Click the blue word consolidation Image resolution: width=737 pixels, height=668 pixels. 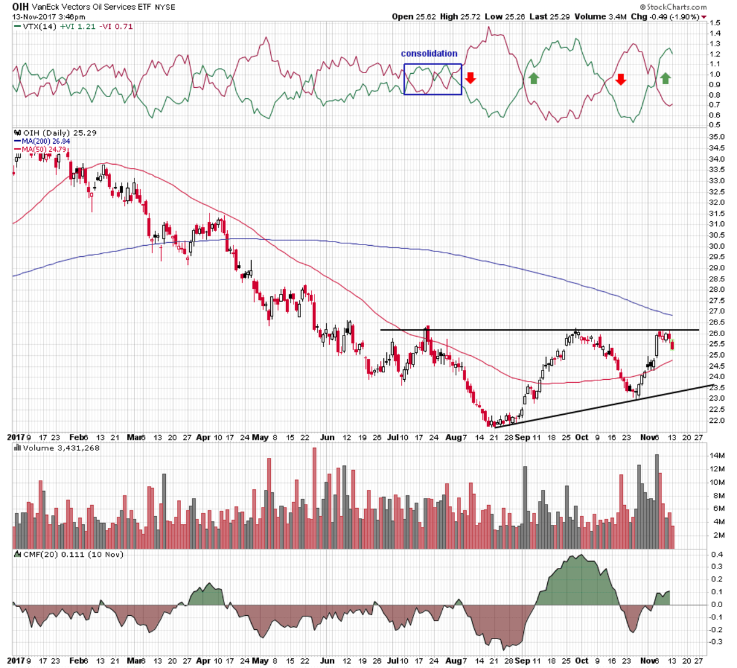(429, 54)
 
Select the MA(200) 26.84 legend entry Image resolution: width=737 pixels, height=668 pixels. (42, 141)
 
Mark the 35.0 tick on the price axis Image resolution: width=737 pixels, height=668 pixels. (716, 137)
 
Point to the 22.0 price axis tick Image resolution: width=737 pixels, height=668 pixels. (716, 421)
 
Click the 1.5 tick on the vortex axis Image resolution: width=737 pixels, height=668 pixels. (714, 23)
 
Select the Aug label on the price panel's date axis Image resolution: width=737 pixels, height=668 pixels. (453, 438)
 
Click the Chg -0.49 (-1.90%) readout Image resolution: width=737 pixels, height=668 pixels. (668, 17)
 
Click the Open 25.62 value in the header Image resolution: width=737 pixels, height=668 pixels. (413, 17)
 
